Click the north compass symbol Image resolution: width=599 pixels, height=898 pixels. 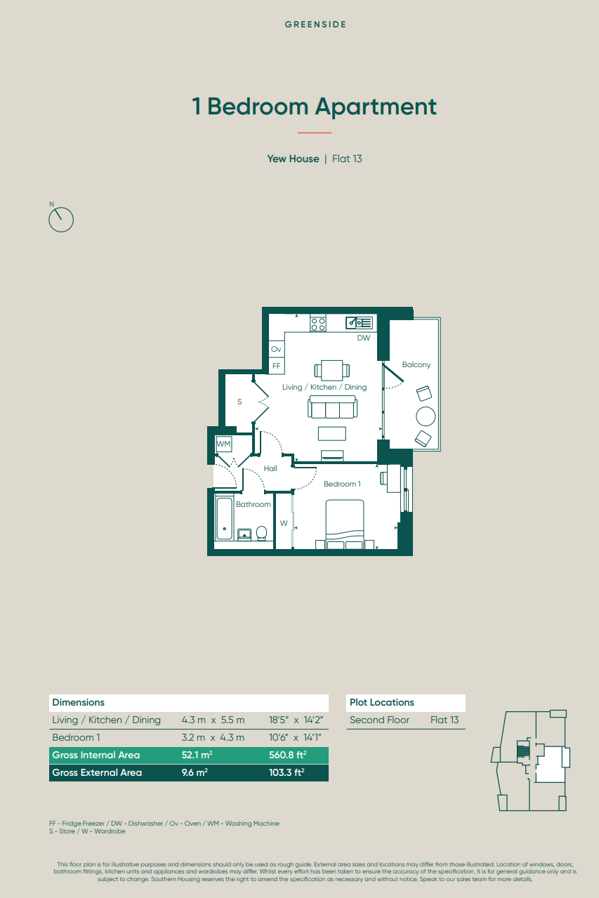61,220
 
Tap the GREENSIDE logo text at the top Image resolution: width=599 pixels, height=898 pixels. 315,25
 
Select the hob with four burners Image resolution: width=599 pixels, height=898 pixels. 318,324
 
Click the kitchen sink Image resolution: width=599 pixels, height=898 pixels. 360,323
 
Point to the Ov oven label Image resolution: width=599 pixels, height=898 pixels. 276,349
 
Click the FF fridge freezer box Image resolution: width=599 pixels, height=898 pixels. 276,366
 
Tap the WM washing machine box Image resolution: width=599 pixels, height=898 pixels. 223,444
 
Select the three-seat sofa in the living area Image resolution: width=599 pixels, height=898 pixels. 332,407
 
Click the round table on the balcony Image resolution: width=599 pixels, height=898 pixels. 426,416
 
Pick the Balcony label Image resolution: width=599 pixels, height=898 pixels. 416,365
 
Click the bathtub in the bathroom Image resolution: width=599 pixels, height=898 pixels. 224,519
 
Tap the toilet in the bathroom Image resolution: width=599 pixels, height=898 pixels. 261,533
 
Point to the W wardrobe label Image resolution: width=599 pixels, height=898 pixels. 284,523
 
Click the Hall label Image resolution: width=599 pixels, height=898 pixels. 270,468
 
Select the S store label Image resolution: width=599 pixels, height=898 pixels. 239,402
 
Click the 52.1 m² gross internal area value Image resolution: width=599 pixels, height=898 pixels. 197,755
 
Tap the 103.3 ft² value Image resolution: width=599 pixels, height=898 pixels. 287,772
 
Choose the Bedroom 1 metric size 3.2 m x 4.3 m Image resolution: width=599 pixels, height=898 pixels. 213,737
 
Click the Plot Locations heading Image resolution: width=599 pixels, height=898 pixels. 382,702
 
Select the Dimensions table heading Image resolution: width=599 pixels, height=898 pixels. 78,702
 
